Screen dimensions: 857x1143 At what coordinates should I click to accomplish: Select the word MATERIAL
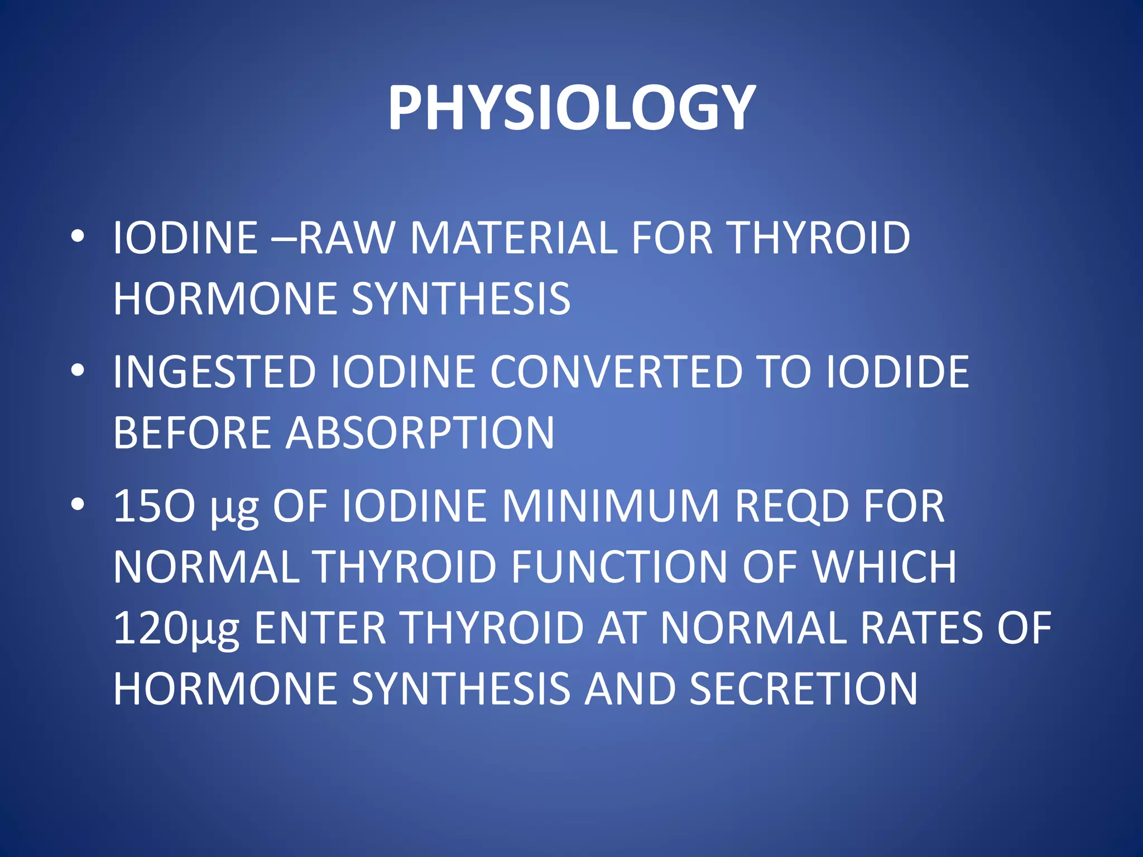pos(513,238)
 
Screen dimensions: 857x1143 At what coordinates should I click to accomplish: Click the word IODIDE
pos(897,372)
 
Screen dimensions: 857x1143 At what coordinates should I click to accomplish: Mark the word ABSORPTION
pos(420,433)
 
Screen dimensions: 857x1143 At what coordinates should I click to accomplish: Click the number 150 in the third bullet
pos(154,506)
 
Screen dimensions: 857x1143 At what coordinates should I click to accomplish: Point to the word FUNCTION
pos(619,567)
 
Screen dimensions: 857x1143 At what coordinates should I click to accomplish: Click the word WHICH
pos(885,567)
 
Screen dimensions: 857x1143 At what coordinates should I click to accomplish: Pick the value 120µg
pos(176,629)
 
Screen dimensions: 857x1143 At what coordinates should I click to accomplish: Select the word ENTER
pos(320,628)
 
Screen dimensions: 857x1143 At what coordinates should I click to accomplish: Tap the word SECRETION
pos(803,689)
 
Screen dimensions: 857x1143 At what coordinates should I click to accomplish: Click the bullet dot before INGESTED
pos(78,370)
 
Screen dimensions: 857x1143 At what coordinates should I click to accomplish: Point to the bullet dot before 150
pos(78,504)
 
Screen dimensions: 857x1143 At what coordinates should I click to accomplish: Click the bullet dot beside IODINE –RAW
pos(78,237)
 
